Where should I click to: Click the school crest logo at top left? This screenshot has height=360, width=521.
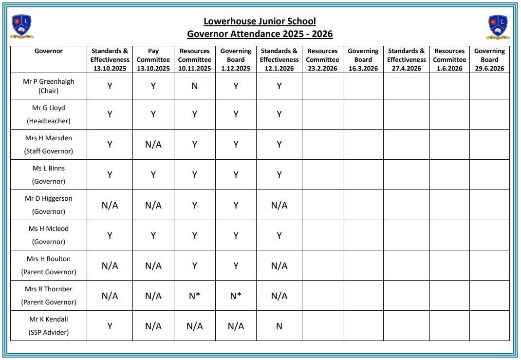(22, 27)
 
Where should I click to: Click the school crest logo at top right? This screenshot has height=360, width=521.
(498, 27)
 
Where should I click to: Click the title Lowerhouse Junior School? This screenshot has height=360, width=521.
(260, 21)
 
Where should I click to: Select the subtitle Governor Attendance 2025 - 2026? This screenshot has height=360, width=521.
(260, 34)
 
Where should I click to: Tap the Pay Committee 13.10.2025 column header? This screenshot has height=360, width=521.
(153, 59)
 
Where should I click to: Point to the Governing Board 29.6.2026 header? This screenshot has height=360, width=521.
(489, 59)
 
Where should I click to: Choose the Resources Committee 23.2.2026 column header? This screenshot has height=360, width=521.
(322, 59)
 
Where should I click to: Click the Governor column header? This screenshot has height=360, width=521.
(49, 51)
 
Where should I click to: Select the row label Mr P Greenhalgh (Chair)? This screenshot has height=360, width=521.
(49, 86)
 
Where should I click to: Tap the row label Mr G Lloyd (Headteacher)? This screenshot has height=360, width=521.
(49, 114)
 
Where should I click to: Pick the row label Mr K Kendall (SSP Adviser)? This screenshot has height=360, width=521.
(49, 325)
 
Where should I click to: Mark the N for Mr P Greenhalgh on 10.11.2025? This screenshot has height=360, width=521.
(195, 86)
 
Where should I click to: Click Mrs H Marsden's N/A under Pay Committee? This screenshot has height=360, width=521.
(153, 145)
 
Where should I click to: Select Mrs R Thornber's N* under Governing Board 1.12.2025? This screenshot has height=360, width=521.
(236, 296)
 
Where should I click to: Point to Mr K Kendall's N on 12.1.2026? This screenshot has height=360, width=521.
(279, 326)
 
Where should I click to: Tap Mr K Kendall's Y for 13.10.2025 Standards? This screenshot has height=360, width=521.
(110, 326)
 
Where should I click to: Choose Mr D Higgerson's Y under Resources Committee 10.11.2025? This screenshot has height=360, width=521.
(195, 205)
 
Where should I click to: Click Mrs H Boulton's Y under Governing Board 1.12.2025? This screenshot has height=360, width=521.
(236, 265)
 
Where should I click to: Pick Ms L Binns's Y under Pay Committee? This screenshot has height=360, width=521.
(153, 175)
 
